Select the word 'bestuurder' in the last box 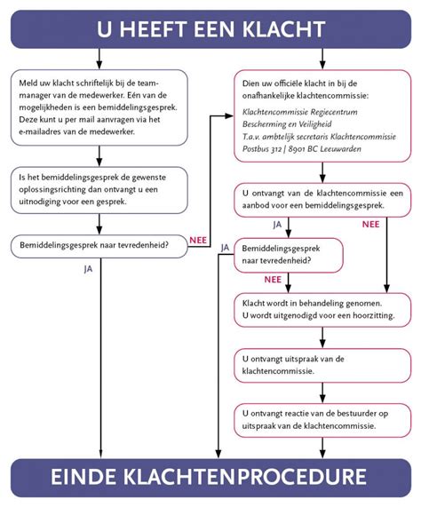[x=338, y=414]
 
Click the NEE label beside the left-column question [x=199, y=239]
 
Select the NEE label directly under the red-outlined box [x=272, y=279]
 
